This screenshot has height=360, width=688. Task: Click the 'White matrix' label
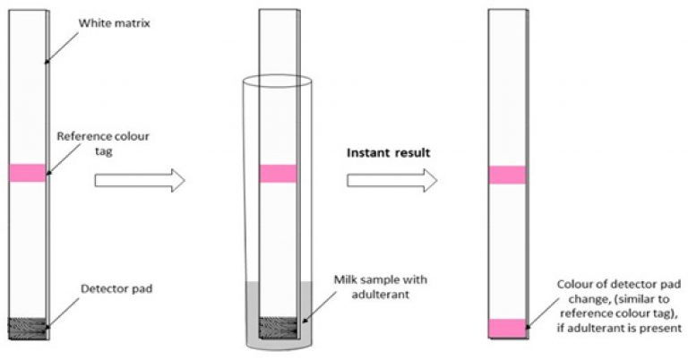pyautogui.click(x=114, y=23)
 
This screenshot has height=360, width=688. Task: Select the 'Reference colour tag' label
pyautogui.click(x=103, y=143)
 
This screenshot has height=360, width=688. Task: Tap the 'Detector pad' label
pyautogui.click(x=116, y=289)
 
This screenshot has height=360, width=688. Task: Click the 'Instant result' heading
pyautogui.click(x=389, y=152)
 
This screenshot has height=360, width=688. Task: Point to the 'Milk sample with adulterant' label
pyautogui.click(x=381, y=287)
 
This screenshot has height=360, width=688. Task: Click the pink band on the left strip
pyautogui.click(x=27, y=173)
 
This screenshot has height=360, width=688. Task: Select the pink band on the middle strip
pyautogui.click(x=278, y=174)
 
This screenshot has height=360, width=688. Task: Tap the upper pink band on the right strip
pyautogui.click(x=507, y=175)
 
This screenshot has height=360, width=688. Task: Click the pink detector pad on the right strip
pyautogui.click(x=507, y=329)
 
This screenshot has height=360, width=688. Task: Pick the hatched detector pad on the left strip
pyautogui.click(x=27, y=329)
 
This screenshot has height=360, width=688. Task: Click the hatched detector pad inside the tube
pyautogui.click(x=278, y=328)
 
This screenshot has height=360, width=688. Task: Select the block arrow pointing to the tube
pyautogui.click(x=140, y=180)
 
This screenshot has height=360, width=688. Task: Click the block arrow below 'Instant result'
pyautogui.click(x=391, y=180)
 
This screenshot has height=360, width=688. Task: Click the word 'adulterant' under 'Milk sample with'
pyautogui.click(x=381, y=295)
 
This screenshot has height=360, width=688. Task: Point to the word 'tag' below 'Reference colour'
pyautogui.click(x=104, y=151)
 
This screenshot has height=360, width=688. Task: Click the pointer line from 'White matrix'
pyautogui.click(x=63, y=47)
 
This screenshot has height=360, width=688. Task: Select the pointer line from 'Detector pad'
pyautogui.click(x=64, y=313)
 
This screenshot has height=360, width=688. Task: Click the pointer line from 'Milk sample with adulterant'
pyautogui.click(x=319, y=309)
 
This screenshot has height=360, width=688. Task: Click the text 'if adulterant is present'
pyautogui.click(x=620, y=328)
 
